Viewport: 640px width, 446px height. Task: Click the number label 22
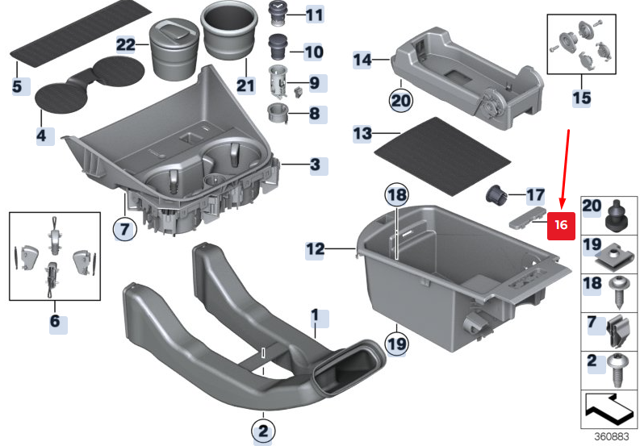pyautogui.click(x=125, y=45)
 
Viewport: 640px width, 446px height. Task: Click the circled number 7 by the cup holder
pyautogui.click(x=123, y=230)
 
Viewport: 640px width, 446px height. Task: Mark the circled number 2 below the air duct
pyautogui.click(x=262, y=429)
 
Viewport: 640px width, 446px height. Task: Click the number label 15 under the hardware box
pyautogui.click(x=581, y=98)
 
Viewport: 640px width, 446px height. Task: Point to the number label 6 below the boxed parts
pyautogui.click(x=55, y=322)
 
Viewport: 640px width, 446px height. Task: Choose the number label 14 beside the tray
pyautogui.click(x=362, y=59)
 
